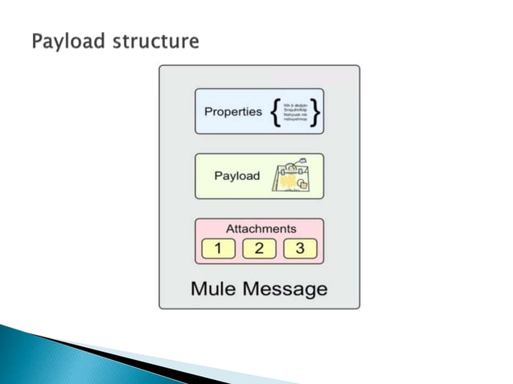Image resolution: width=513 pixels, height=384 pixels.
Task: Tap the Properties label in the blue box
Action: tap(232, 112)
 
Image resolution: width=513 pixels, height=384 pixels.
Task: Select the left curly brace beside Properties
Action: tap(277, 112)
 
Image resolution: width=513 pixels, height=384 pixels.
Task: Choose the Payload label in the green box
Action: tap(236, 175)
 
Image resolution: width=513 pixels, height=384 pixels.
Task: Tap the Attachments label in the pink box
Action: tap(261, 228)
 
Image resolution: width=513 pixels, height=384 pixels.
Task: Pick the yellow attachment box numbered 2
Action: tap(259, 248)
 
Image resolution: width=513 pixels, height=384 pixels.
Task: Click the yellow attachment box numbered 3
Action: tap(300, 248)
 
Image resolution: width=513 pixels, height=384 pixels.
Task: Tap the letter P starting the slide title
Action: tap(37, 41)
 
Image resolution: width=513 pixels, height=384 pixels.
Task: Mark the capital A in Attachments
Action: tap(231, 228)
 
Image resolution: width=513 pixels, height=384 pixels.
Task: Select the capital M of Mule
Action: tap(198, 287)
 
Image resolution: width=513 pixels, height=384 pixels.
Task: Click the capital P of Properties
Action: tap(207, 112)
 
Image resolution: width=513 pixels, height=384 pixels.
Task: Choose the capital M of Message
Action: tap(251, 287)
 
